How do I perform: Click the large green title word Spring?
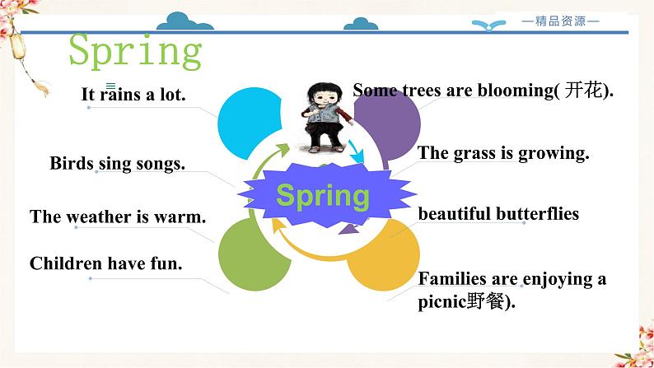pos(135,51)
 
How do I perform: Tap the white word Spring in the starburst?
pos(322,196)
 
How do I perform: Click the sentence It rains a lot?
pos(133,95)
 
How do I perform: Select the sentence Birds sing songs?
pos(117,163)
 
